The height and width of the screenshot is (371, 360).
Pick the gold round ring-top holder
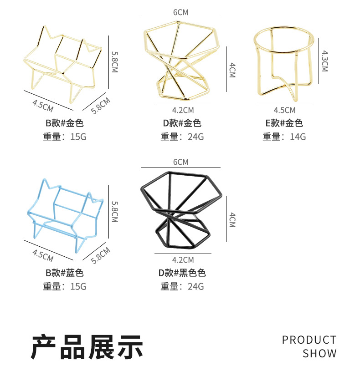[283, 59]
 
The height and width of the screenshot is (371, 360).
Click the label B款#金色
[64, 123]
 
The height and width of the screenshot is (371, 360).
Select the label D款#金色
[182, 123]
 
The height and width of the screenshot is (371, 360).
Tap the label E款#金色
[284, 123]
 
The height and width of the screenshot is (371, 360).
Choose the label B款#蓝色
[64, 273]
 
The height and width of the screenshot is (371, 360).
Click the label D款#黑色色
[182, 273]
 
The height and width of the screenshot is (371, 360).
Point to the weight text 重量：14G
[284, 137]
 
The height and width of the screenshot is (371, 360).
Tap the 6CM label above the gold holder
[180, 12]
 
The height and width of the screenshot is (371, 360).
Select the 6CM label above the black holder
[180, 162]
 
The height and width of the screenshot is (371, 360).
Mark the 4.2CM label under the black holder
[183, 260]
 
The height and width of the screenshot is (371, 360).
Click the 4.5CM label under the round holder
[284, 110]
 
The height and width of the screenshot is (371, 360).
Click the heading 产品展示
[87, 347]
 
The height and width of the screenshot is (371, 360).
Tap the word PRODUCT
[309, 340]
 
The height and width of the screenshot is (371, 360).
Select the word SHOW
[319, 353]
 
